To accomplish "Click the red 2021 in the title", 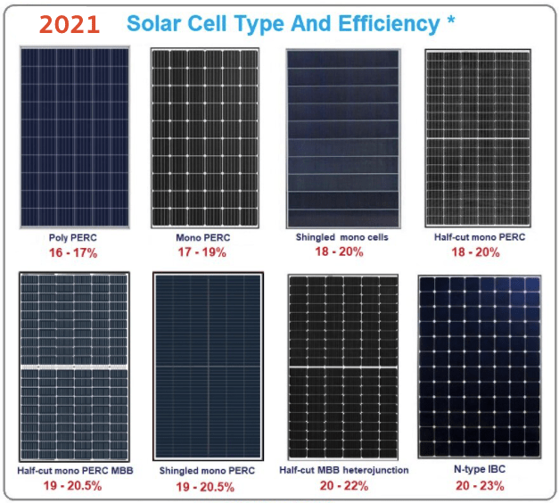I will coord(70,24).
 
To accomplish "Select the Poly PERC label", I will coord(73,239).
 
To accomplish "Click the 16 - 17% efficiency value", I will coord(73,253).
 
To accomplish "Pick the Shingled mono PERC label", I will coord(207,470).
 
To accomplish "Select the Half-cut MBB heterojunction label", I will coord(344,470).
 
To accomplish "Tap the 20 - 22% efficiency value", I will coord(344,486).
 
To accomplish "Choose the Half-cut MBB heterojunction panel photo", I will coord(343,367).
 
